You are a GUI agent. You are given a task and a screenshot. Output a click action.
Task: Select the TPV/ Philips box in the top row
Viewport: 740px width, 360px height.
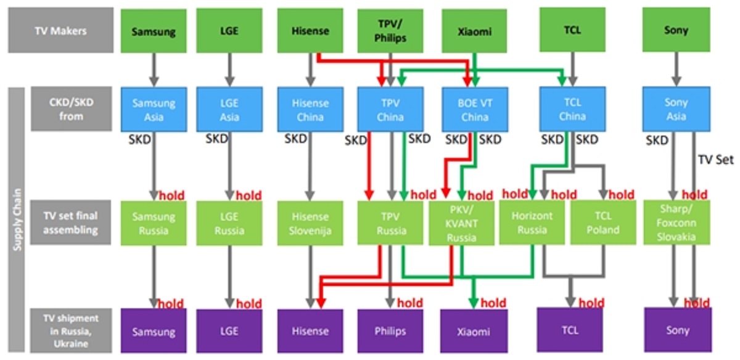(x=390, y=30)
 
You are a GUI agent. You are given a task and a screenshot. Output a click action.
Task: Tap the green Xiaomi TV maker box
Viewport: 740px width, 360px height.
(x=474, y=30)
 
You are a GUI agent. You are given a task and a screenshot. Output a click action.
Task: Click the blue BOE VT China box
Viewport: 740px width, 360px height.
(x=474, y=110)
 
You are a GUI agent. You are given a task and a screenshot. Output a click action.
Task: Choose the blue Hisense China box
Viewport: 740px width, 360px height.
(x=310, y=110)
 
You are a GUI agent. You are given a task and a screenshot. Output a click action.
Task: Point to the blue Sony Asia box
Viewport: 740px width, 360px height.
(x=676, y=110)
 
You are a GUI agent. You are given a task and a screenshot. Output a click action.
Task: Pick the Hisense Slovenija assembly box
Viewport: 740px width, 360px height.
(x=310, y=223)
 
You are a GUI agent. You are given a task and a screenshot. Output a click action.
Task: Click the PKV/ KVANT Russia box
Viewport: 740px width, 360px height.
(x=462, y=223)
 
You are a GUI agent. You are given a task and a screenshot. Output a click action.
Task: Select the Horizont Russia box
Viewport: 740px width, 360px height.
(x=532, y=223)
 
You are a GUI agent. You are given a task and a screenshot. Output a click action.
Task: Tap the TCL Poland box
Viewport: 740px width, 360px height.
(x=602, y=223)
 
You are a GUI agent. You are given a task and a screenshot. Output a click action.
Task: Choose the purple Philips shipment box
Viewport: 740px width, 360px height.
(x=390, y=331)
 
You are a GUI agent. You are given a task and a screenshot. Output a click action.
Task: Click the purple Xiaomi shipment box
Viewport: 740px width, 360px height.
(x=474, y=331)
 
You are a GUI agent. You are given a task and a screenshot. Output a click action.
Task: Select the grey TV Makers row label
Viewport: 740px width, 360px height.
(x=60, y=30)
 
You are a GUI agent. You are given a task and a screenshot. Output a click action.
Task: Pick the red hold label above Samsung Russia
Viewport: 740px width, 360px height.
(x=176, y=196)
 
